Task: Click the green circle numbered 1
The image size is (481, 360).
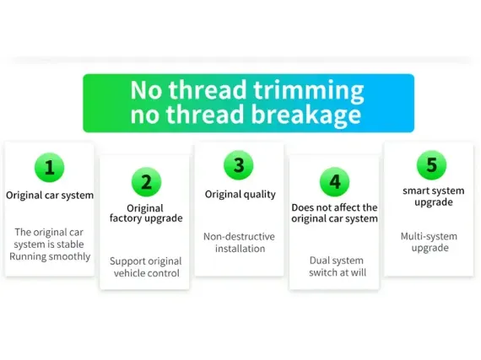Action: tap(50, 167)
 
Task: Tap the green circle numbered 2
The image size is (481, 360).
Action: tap(146, 182)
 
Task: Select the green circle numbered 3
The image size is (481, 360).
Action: tap(239, 165)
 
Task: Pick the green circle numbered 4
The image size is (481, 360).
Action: tap(335, 182)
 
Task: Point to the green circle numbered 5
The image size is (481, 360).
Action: tap(431, 165)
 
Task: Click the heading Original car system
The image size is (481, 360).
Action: tap(50, 196)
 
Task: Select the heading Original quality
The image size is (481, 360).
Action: tap(240, 195)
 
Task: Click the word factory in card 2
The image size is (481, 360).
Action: tap(126, 218)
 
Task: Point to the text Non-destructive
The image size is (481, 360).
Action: tap(240, 237)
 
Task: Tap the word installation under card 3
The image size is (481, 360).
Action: tap(240, 249)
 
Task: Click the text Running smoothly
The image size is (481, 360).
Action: tap(50, 257)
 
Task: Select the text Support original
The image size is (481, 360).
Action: tap(146, 261)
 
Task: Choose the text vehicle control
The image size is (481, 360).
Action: tap(147, 273)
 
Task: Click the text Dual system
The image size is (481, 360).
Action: tap(337, 261)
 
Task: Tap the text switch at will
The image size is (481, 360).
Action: tap(338, 272)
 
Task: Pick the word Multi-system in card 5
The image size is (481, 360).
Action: tap(429, 237)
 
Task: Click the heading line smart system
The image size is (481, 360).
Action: tap(434, 191)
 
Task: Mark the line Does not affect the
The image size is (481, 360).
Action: tap(334, 207)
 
